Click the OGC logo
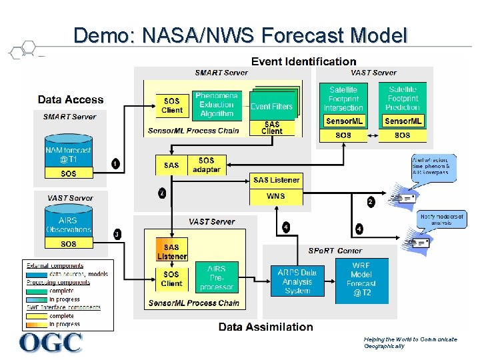tap(51, 342)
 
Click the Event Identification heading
tap(303, 61)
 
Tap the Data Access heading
tap(71, 100)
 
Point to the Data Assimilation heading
tap(265, 327)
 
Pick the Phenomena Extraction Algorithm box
tap(217, 105)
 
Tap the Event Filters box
tap(271, 106)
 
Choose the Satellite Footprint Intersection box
tap(343, 98)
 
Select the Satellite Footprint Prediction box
tap(402, 98)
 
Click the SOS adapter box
tap(207, 165)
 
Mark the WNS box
tap(275, 197)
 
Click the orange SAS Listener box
tap(172, 251)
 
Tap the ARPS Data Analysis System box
tap(297, 281)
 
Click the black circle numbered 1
tap(116, 164)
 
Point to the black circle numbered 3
tap(117, 234)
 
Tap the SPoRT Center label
tap(335, 251)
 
